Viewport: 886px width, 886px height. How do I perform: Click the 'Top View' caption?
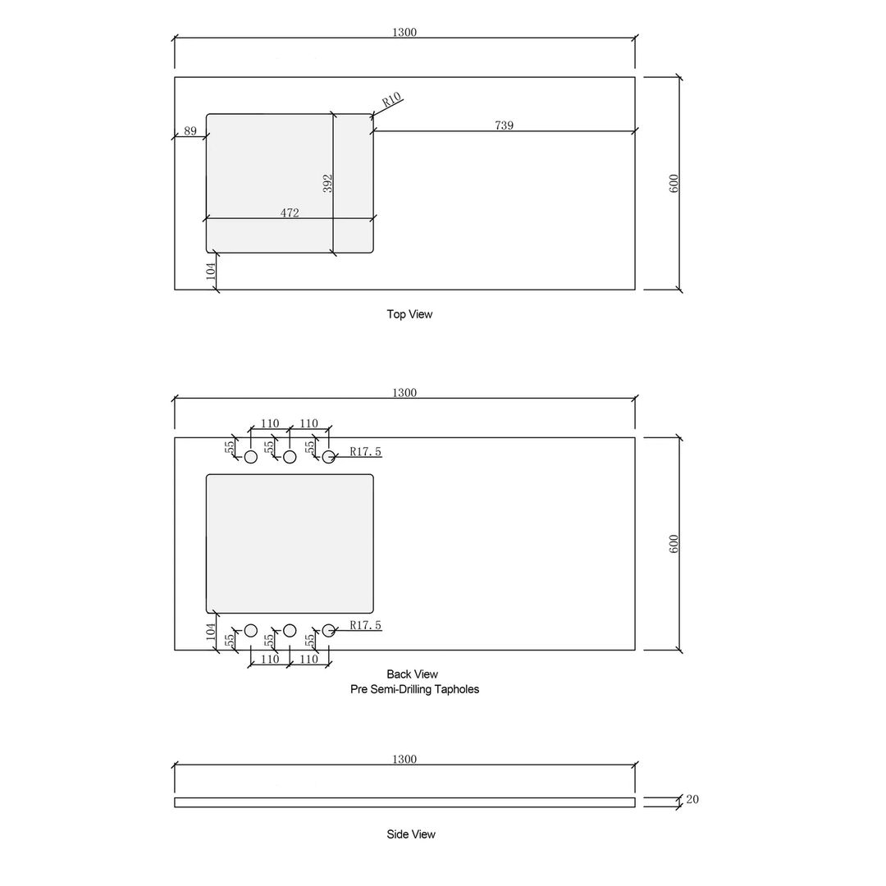click(x=409, y=314)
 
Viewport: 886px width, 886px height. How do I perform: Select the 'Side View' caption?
click(x=411, y=834)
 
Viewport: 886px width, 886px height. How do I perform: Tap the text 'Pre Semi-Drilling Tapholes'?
click(x=414, y=689)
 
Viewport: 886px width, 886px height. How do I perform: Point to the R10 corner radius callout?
click(x=391, y=101)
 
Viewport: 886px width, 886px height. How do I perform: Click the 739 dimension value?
click(x=504, y=126)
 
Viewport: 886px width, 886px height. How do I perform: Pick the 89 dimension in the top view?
click(x=190, y=130)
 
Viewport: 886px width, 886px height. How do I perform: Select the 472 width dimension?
click(x=290, y=213)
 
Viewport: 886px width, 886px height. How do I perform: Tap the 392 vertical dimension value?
click(x=327, y=183)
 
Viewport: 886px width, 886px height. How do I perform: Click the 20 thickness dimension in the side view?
click(x=692, y=799)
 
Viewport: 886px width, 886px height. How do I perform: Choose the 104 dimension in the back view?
click(x=211, y=631)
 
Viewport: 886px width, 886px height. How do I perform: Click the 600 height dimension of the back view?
click(x=674, y=543)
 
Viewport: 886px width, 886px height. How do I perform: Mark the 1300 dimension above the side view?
click(x=404, y=760)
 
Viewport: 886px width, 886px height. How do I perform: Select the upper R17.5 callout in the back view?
click(x=365, y=451)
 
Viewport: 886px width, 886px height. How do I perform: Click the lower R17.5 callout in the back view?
click(x=365, y=625)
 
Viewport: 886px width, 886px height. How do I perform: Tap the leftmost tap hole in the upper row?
click(x=251, y=456)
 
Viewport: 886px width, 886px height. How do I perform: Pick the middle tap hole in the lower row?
click(x=290, y=630)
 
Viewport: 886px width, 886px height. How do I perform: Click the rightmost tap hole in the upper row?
click(x=328, y=456)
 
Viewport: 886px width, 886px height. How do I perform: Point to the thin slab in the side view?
click(x=404, y=802)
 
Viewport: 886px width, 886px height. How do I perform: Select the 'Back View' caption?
click(x=412, y=674)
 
